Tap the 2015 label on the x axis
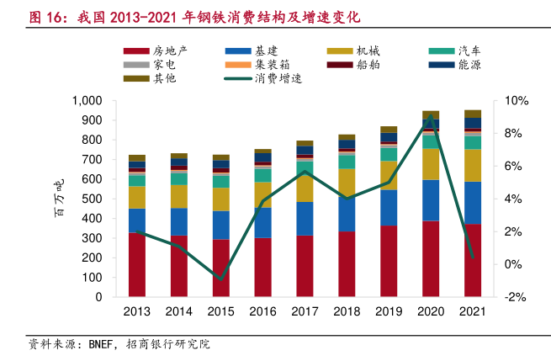pyautogui.click(x=220, y=312)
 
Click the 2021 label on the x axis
pyautogui.click(x=472, y=312)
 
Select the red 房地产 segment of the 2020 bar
pyautogui.click(x=431, y=258)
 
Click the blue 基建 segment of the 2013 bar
pyautogui.click(x=136, y=220)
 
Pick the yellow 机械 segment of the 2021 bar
pyautogui.click(x=473, y=165)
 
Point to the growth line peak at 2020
pyautogui.click(x=431, y=116)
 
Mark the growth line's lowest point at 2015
pyautogui.click(x=220, y=279)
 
